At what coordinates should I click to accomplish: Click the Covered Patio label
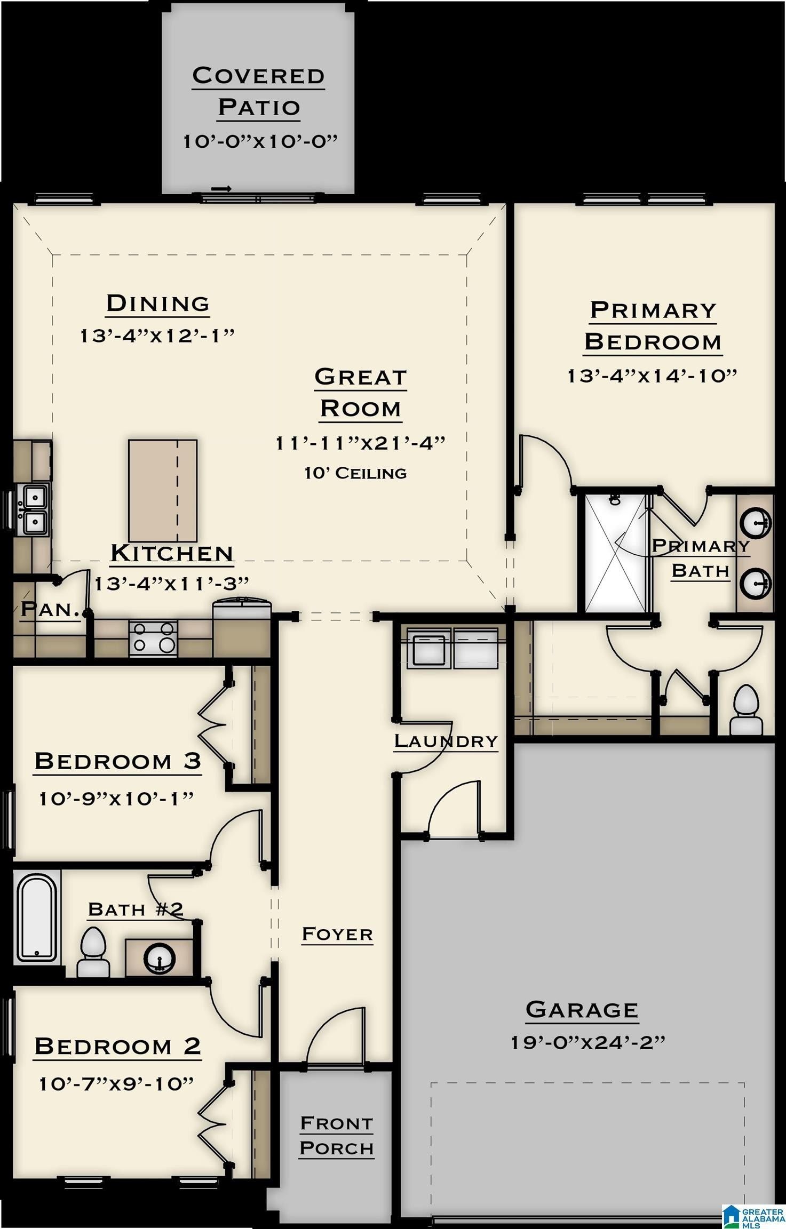(x=258, y=91)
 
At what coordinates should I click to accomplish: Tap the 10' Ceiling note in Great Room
(x=355, y=473)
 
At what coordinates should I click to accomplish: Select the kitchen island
(x=163, y=490)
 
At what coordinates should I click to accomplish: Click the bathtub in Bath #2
(x=36, y=917)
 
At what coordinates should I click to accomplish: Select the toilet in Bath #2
(x=93, y=953)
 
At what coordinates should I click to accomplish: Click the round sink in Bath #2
(x=159, y=957)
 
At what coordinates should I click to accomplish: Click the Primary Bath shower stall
(x=615, y=553)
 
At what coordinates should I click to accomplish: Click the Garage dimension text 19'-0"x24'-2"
(x=588, y=1042)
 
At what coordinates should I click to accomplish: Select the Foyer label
(x=337, y=934)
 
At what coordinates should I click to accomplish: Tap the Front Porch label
(x=336, y=1136)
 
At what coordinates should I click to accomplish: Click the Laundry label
(x=446, y=741)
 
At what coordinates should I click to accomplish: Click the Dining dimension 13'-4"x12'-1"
(x=157, y=336)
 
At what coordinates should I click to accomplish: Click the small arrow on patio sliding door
(x=221, y=189)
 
